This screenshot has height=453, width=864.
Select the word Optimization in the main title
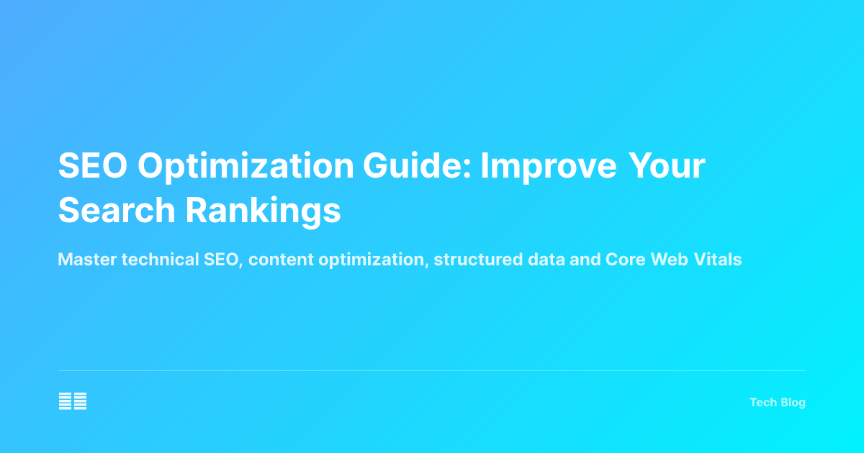pos(246,167)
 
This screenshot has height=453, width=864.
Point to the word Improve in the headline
pos(549,167)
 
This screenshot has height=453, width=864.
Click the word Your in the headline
pos(667,167)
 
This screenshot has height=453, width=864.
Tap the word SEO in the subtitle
pos(217,260)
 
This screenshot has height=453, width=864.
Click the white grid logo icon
pos(73,401)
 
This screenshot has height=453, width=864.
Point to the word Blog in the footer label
pos(793,403)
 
